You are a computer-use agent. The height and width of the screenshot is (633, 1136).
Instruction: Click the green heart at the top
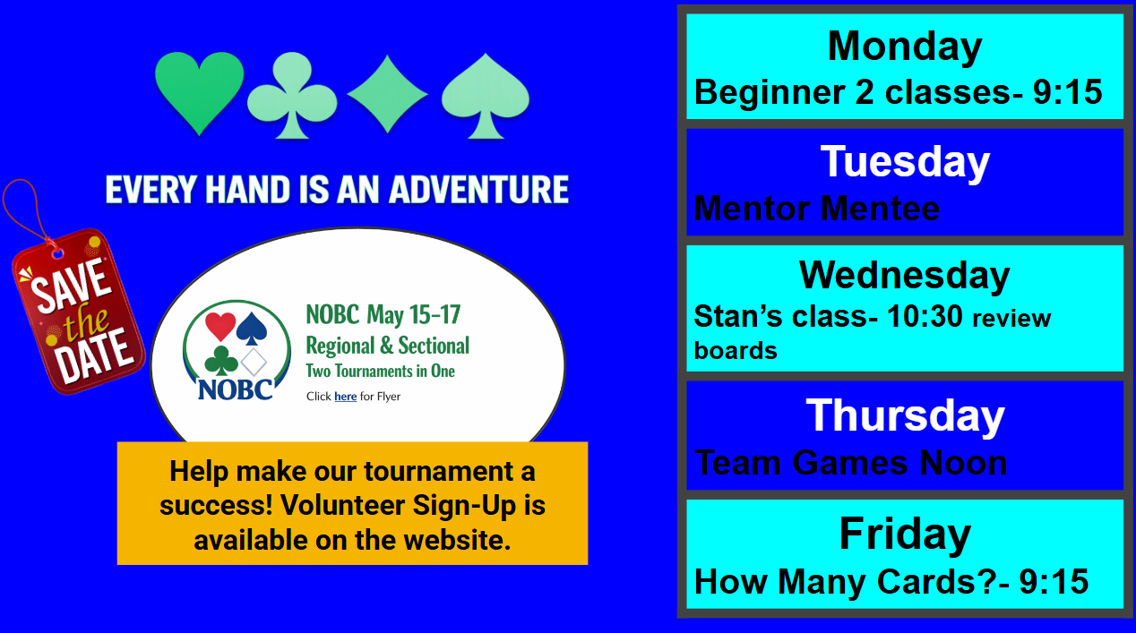pyautogui.click(x=199, y=91)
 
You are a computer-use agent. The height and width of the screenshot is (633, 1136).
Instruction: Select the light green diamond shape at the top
pyautogui.click(x=387, y=94)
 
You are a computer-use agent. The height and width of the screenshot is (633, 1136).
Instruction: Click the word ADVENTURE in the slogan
pyautogui.click(x=478, y=190)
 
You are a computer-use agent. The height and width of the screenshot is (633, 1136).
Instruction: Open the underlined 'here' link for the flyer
pyautogui.click(x=345, y=397)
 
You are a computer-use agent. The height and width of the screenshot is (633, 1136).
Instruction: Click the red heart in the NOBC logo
pyautogui.click(x=220, y=326)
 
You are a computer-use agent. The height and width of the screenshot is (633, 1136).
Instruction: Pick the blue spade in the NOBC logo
pyautogui.click(x=252, y=329)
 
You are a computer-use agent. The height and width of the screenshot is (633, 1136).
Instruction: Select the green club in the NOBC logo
pyautogui.click(x=221, y=361)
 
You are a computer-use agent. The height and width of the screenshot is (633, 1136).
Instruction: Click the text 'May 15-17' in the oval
pyautogui.click(x=414, y=315)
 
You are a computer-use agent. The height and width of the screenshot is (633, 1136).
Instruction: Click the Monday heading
pyautogui.click(x=905, y=47)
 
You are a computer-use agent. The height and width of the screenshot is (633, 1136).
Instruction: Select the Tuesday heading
pyautogui.click(x=905, y=162)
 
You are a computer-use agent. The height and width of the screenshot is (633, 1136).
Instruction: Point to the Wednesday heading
pyautogui.click(x=905, y=276)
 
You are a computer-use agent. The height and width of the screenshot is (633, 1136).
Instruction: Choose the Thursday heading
pyautogui.click(x=905, y=415)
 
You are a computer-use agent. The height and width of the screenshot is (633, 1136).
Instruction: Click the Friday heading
pyautogui.click(x=905, y=534)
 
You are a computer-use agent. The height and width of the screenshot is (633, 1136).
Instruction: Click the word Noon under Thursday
pyautogui.click(x=963, y=463)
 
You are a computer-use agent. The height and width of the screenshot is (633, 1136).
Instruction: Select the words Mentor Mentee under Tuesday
pyautogui.click(x=817, y=209)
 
